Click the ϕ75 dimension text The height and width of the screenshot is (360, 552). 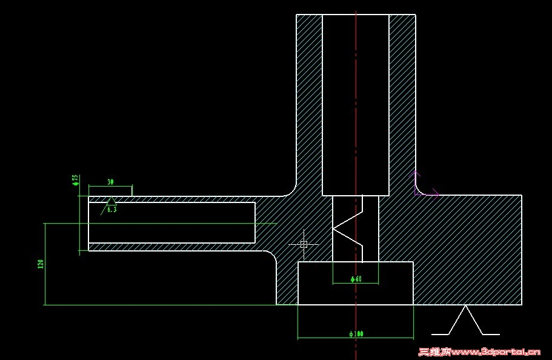(x=75, y=180)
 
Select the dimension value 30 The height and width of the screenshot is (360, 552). (x=110, y=182)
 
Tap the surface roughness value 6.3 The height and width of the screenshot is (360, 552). (x=111, y=209)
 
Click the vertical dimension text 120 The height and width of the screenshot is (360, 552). (x=41, y=264)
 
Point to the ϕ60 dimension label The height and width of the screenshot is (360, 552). (x=356, y=279)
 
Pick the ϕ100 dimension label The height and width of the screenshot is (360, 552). (x=356, y=334)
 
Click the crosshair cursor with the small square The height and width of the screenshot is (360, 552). (x=304, y=244)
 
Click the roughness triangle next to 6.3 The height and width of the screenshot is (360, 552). (x=111, y=201)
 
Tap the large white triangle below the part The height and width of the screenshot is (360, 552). (x=465, y=321)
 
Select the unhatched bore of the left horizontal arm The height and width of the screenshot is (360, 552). (x=171, y=222)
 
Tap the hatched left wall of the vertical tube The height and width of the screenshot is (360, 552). (x=309, y=103)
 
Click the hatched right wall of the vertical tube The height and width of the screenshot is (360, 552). (x=402, y=103)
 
